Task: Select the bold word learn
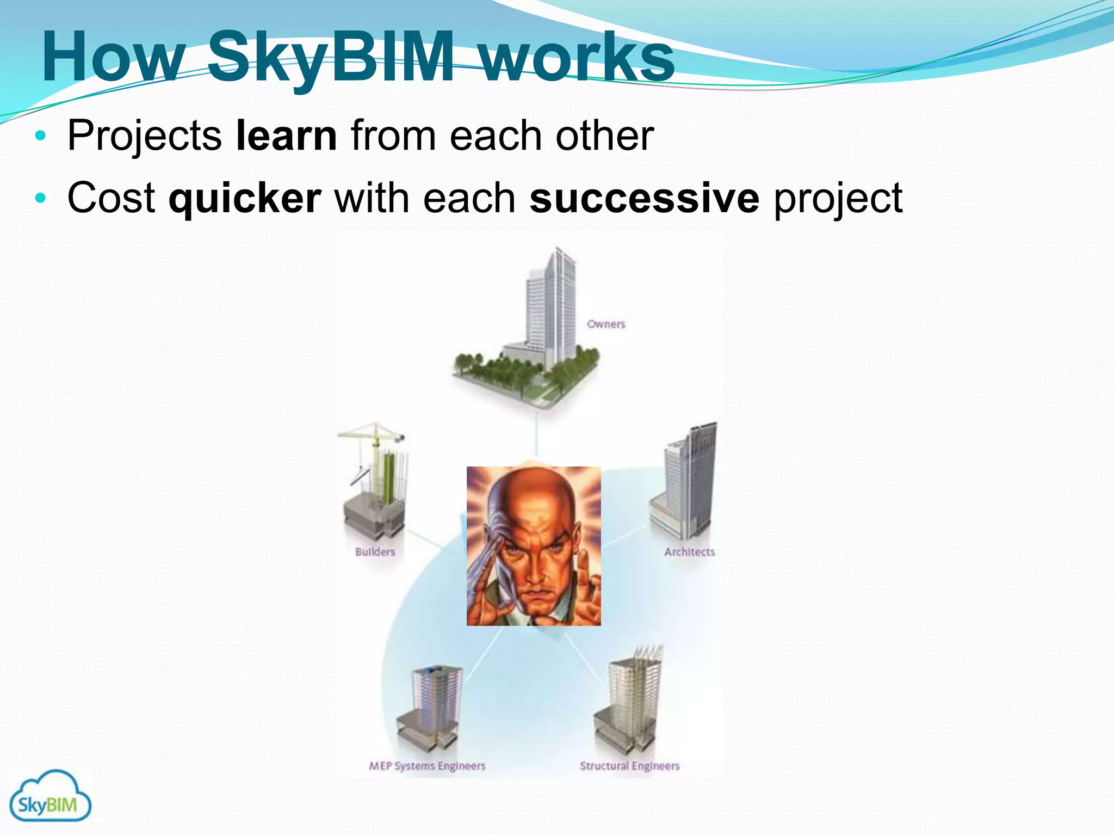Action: pyautogui.click(x=286, y=136)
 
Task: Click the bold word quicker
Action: pyautogui.click(x=245, y=198)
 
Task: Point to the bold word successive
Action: pyautogui.click(x=644, y=198)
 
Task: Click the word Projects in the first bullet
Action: pyautogui.click(x=144, y=136)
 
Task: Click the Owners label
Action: pyautogui.click(x=606, y=324)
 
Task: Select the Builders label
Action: pyautogui.click(x=375, y=552)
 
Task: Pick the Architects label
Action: pyautogui.click(x=689, y=552)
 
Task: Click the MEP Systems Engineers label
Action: pyautogui.click(x=427, y=766)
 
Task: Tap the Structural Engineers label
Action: pyautogui.click(x=629, y=766)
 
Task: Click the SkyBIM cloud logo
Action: pyautogui.click(x=50, y=796)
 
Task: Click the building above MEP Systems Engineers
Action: pyautogui.click(x=432, y=705)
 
